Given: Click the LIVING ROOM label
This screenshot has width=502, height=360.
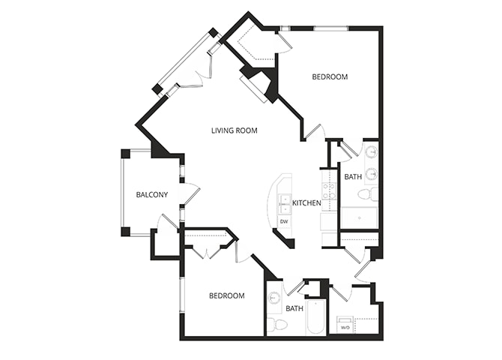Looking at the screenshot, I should [235, 130].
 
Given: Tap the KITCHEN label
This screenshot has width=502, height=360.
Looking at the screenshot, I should [306, 203].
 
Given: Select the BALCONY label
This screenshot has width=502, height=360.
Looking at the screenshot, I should [151, 195].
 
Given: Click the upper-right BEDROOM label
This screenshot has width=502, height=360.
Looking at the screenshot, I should [330, 77].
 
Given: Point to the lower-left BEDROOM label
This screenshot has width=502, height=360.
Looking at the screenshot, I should [226, 296].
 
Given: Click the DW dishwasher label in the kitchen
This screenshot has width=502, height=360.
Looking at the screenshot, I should [285, 222].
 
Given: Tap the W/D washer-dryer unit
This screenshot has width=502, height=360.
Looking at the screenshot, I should [345, 327].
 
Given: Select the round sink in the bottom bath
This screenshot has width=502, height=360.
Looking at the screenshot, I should [274, 298].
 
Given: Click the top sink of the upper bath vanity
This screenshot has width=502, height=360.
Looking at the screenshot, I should [371, 152].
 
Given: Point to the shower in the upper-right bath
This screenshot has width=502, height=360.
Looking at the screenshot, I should [359, 217].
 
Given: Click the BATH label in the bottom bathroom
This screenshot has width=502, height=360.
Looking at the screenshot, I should [294, 308].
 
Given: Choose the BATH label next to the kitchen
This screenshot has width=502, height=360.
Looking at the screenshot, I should [353, 178].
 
